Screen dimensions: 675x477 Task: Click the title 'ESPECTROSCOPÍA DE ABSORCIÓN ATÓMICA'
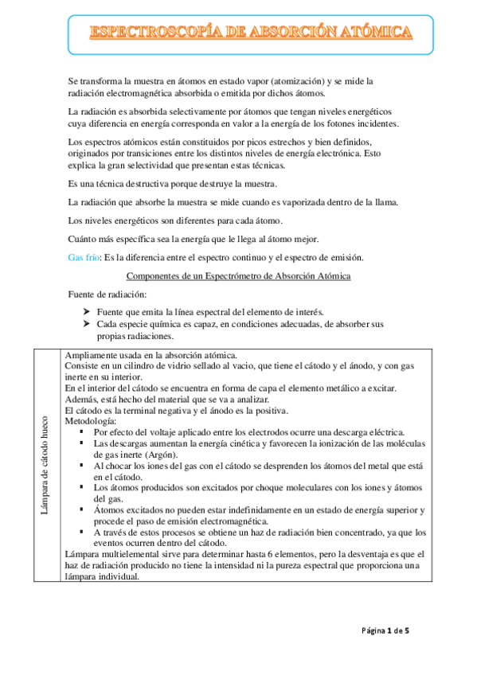[251, 33]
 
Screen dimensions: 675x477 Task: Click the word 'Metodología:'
[91, 420]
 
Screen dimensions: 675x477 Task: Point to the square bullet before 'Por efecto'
[83, 431]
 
